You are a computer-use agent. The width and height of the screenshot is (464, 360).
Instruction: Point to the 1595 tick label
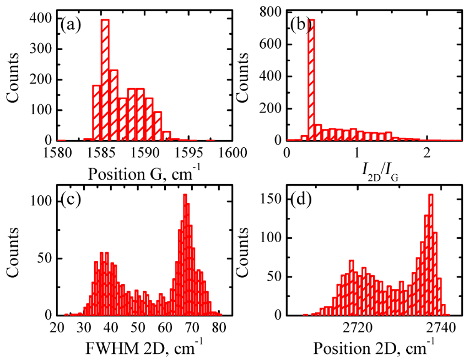coord(189,152)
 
